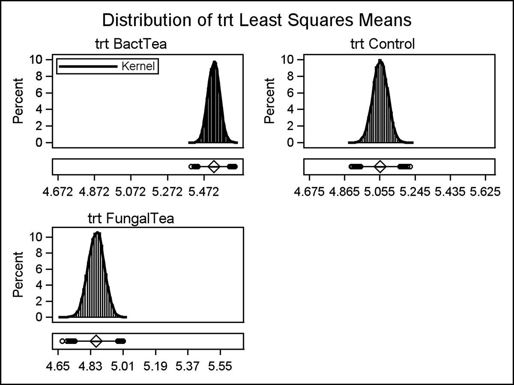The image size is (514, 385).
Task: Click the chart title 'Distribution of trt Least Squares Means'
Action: pos(257,21)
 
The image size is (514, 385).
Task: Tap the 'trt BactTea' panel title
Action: pos(131,44)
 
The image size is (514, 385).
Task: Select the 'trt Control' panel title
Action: pos(382,44)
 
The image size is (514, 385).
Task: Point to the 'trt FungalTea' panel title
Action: pos(131,219)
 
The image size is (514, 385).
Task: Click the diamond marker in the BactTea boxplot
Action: pos(214,166)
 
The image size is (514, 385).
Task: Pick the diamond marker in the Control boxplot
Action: pos(380,166)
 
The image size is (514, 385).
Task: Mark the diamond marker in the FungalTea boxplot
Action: pos(96,341)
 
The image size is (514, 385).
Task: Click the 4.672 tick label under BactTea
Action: pos(58,193)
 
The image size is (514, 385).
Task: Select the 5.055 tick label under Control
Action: pos(380,193)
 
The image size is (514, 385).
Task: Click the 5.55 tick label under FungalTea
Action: pos(221,368)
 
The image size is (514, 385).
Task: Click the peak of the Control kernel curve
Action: pos(380,61)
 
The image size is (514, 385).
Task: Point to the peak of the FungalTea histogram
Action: pos(97,234)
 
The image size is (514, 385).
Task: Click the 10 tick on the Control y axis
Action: pos(289,59)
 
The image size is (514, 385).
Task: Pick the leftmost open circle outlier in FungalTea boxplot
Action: pos(62,341)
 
